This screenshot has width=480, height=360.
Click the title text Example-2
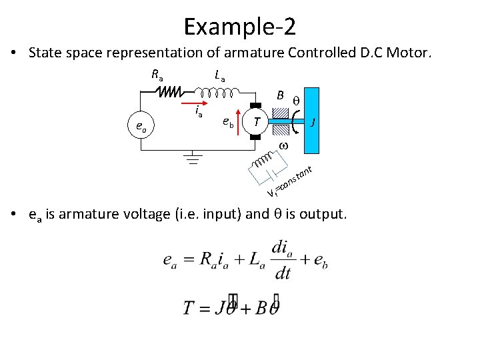(240, 27)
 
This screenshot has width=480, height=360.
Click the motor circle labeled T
(256, 121)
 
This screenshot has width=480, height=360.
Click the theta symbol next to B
(297, 99)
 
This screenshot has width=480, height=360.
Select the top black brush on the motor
(255, 104)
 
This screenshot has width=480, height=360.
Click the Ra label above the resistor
(157, 75)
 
